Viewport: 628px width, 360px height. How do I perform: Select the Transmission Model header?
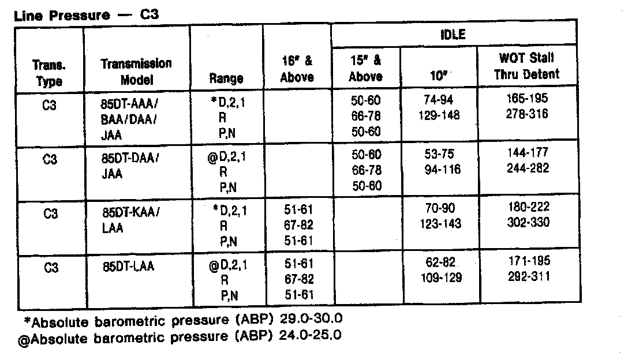(136, 72)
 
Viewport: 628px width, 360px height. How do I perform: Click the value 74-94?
(439, 100)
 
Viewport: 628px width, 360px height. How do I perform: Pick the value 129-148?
(440, 115)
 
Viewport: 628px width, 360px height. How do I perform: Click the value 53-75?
(439, 155)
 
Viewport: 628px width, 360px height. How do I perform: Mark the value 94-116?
(439, 170)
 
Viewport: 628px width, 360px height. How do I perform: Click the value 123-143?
(439, 224)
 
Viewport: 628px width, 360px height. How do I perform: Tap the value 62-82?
(439, 262)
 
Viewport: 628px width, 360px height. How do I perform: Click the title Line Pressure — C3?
(85, 14)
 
